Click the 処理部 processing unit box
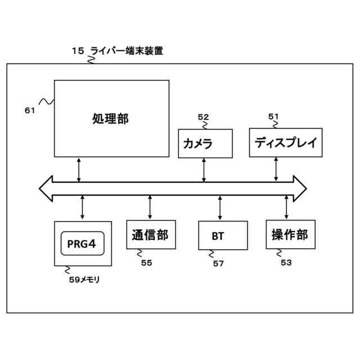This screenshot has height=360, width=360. click(111, 118)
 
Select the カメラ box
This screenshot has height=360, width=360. click(205, 143)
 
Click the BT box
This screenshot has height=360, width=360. click(223, 235)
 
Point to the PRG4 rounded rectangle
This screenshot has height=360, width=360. click(82, 243)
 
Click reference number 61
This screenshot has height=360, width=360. click(30, 111)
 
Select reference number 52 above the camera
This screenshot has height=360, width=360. click(203, 117)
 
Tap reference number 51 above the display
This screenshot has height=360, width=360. click(273, 116)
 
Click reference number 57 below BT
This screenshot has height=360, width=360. click(218, 263)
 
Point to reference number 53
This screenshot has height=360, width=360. click(286, 262)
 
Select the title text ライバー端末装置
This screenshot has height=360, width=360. click(127, 51)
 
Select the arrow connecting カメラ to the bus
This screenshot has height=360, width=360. click(204, 170)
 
